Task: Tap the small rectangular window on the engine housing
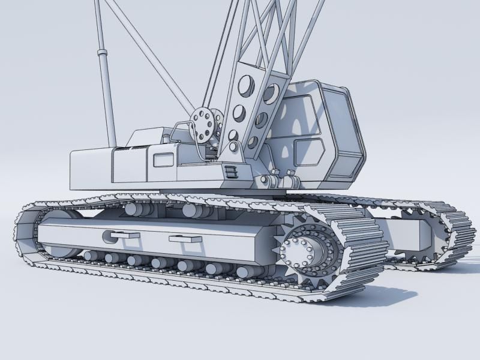(163, 160)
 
